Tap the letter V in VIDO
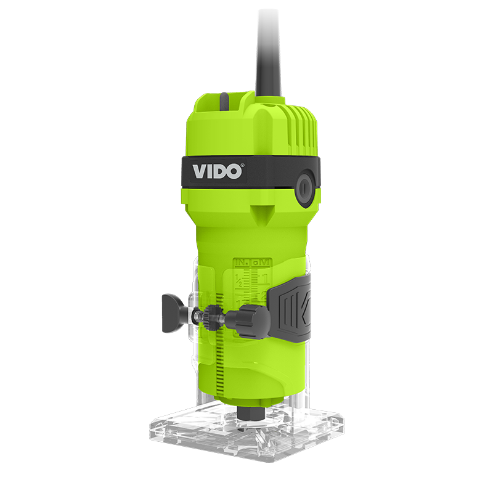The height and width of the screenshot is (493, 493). [201, 171]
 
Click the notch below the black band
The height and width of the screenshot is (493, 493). [262, 212]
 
